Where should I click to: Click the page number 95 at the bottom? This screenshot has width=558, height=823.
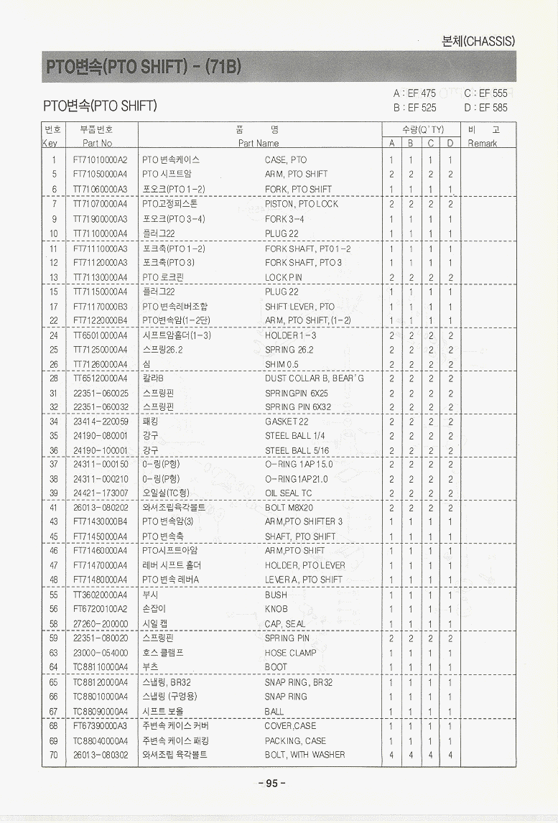271,784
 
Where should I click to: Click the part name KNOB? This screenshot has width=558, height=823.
276,609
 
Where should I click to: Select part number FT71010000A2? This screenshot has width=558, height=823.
100,160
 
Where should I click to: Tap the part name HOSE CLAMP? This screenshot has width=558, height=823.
290,653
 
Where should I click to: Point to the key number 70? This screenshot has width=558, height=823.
54,755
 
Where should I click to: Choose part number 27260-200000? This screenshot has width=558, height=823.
101,623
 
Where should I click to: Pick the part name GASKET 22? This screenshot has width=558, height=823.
287,422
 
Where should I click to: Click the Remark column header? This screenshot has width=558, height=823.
482,143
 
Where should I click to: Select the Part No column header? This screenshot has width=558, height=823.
97,143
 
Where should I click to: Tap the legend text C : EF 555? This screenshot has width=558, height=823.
485,93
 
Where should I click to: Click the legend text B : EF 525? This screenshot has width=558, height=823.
414,108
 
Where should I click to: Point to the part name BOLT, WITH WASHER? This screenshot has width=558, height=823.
304,755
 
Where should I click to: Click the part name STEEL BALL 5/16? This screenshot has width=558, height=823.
297,450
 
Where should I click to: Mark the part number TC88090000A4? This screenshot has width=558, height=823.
100,711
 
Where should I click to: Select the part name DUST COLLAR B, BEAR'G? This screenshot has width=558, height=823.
314,378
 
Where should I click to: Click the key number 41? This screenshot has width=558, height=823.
54,508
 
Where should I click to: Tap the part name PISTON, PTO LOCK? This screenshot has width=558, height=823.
301,204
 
